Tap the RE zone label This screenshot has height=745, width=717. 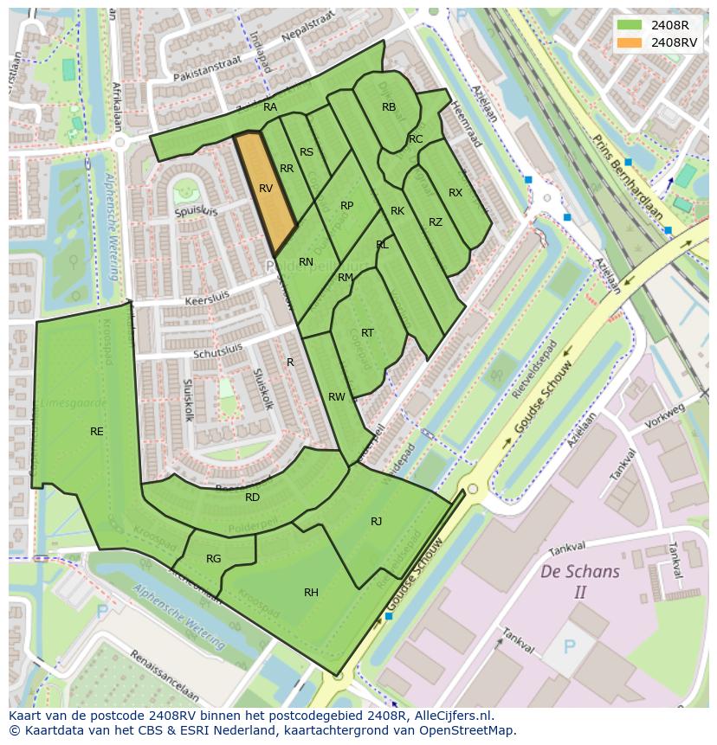point(97,431)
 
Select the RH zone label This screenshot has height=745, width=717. point(311,593)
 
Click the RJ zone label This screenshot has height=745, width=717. point(376,521)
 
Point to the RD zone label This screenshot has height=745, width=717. point(252,498)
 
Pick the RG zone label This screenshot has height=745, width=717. point(213,559)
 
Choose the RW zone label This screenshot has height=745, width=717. point(336,397)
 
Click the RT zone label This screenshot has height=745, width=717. point(367,333)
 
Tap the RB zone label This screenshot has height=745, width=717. point(389,107)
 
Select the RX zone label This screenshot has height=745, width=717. point(455,193)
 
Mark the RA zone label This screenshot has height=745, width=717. point(270,107)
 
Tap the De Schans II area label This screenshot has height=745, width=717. point(579,581)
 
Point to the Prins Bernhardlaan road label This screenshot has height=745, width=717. point(628,178)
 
